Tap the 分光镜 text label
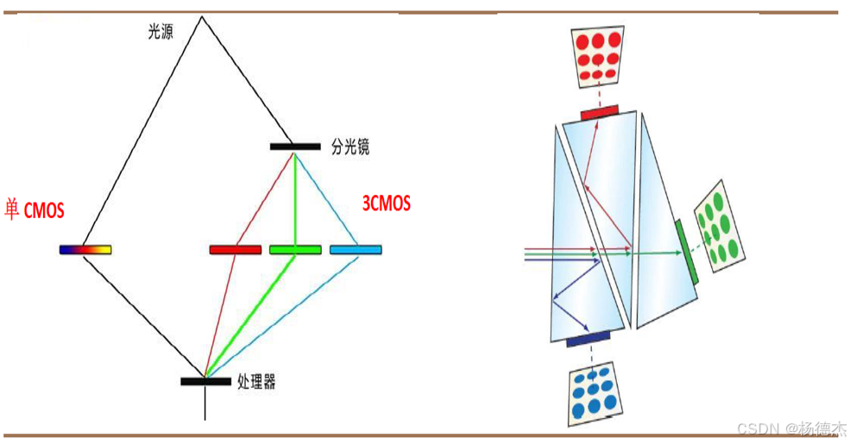click(x=350, y=147)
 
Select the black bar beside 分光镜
click(x=295, y=147)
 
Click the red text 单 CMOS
click(x=34, y=209)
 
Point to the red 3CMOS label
click(x=386, y=203)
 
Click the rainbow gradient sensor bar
click(x=85, y=249)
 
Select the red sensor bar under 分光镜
click(x=235, y=249)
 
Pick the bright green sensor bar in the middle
click(x=295, y=249)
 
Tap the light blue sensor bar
click(x=356, y=249)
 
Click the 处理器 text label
click(x=256, y=381)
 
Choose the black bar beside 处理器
click(x=205, y=381)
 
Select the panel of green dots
click(x=720, y=226)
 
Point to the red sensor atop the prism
click(x=600, y=112)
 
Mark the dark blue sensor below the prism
click(x=589, y=340)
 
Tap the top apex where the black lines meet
click(x=202, y=16)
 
